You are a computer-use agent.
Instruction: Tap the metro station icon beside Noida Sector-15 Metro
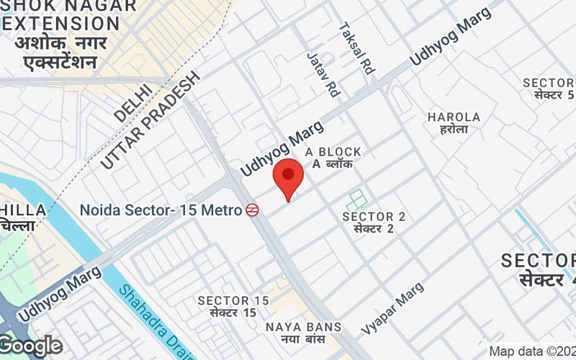tap(252, 211)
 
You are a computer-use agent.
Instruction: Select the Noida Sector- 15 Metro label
tap(161, 211)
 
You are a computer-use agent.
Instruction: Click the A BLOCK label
tap(333, 152)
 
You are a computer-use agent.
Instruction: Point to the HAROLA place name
tap(454, 117)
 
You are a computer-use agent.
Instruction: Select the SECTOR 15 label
tap(233, 300)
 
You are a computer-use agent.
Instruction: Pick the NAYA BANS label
tap(303, 327)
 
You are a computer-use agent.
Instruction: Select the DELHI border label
tap(132, 102)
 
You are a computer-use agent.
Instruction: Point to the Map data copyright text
tap(531, 352)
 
